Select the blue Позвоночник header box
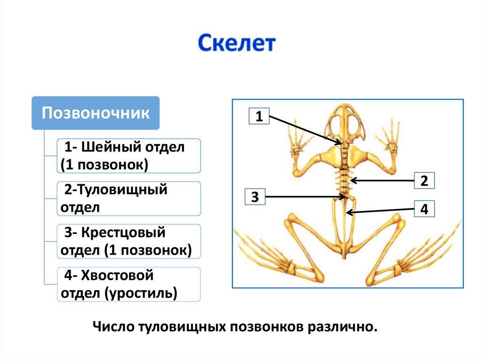click(96, 113)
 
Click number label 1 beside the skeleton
click(259, 116)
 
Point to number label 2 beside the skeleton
click(424, 180)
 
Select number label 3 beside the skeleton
click(255, 197)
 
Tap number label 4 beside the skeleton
click(424, 209)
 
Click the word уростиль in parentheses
click(141, 293)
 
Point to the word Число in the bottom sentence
click(113, 326)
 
